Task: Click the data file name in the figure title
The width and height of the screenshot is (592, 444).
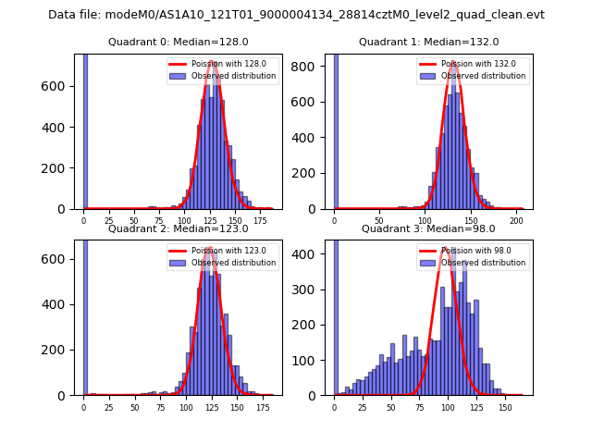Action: coord(296,15)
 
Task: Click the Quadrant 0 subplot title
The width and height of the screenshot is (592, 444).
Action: coord(178,42)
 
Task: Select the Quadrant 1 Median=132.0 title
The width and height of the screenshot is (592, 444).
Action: coord(428,42)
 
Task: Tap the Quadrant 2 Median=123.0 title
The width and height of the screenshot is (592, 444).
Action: coord(178,228)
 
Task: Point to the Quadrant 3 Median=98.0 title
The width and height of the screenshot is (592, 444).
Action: coord(428,228)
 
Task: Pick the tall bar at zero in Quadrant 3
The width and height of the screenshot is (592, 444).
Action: coord(335,314)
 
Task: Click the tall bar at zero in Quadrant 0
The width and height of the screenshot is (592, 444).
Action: coord(84,129)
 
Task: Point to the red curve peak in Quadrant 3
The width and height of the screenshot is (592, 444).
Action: coord(446,248)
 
